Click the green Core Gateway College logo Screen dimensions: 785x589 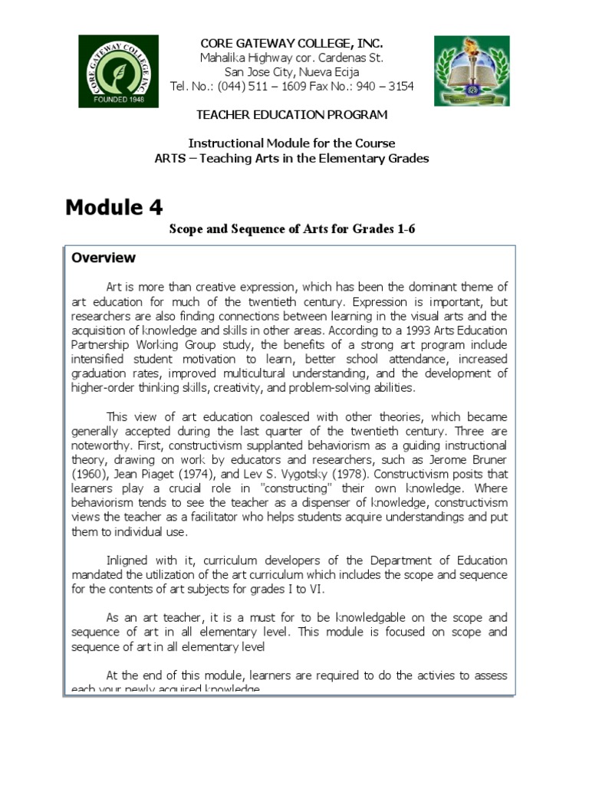[118, 71]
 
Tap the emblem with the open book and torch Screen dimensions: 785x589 [471, 71]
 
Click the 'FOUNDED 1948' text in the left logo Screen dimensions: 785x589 [118, 98]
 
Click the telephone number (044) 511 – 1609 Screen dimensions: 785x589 [257, 87]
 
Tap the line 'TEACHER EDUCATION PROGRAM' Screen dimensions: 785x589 [291, 115]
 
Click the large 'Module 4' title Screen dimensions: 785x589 [114, 207]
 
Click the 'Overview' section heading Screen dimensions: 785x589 [104, 258]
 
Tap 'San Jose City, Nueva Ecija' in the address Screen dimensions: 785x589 [291, 72]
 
